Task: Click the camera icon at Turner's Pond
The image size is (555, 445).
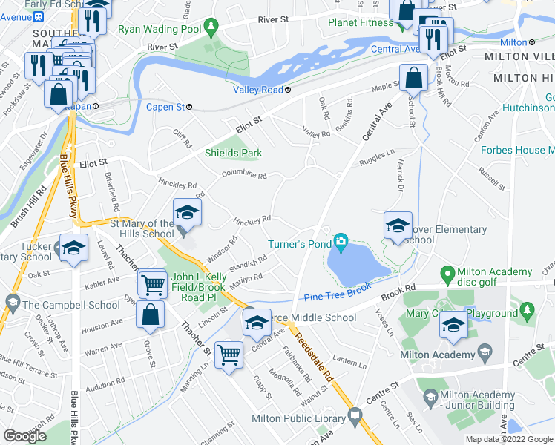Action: tap(341, 240)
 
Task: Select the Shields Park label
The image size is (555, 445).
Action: tap(234, 154)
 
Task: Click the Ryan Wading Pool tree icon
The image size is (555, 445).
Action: tap(213, 28)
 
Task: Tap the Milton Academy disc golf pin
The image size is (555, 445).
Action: tap(447, 275)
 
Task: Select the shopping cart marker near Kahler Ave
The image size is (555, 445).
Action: tap(153, 284)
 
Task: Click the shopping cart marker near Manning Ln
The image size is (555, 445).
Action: tap(229, 355)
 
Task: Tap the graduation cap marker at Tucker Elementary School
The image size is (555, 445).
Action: tap(73, 248)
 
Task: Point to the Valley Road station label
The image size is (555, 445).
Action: tap(258, 90)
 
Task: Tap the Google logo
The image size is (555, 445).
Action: tap(24, 436)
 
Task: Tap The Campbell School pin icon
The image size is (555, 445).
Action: tap(12, 303)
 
